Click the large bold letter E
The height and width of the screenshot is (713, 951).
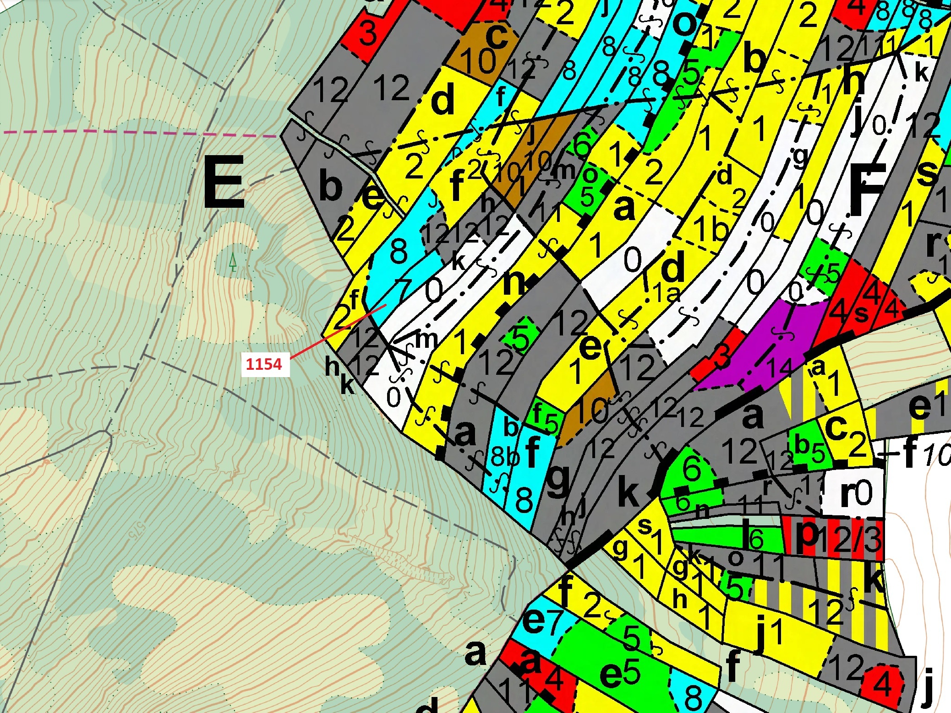point(224,182)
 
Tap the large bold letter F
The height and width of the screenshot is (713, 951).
point(867,188)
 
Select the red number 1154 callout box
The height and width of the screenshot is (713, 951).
point(265,364)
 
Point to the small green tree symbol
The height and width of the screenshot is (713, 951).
point(233,262)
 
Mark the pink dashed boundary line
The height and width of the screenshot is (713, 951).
point(137,133)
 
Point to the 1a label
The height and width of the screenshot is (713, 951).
point(666,293)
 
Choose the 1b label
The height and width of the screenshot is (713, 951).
point(710,228)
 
